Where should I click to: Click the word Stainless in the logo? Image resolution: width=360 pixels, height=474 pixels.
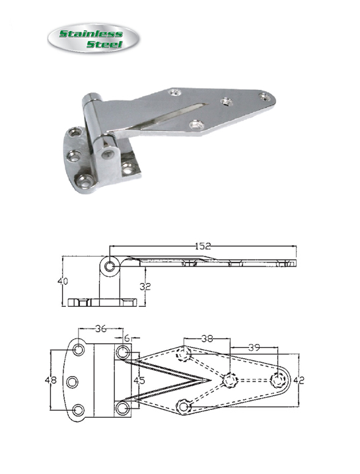(x=91, y=33)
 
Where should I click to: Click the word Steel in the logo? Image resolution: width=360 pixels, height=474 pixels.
(x=104, y=44)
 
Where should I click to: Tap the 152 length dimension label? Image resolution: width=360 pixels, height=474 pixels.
(x=203, y=247)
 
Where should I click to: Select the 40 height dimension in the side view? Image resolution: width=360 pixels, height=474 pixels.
(x=63, y=281)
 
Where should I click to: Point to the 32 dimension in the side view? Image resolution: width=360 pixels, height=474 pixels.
(x=145, y=286)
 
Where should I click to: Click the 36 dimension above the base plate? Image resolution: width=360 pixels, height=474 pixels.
(x=101, y=329)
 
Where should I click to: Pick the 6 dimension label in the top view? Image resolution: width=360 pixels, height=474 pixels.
(x=127, y=336)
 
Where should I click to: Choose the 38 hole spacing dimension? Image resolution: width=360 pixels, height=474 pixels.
(x=207, y=339)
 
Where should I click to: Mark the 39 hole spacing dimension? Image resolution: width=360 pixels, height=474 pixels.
(x=254, y=348)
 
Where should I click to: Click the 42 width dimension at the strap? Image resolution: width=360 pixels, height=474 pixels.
(x=299, y=380)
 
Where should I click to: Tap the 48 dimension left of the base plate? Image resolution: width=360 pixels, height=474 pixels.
(x=51, y=380)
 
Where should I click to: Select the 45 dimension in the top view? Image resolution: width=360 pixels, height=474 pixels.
(x=139, y=380)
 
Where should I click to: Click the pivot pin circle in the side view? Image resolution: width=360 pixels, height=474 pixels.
(x=110, y=266)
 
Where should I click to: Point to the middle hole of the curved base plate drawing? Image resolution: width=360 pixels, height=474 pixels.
(x=73, y=382)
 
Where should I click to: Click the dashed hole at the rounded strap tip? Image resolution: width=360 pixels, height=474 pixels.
(x=277, y=380)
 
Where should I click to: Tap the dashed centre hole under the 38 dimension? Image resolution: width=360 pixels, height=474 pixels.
(x=230, y=380)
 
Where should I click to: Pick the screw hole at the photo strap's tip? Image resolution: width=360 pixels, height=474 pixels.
(x=265, y=97)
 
